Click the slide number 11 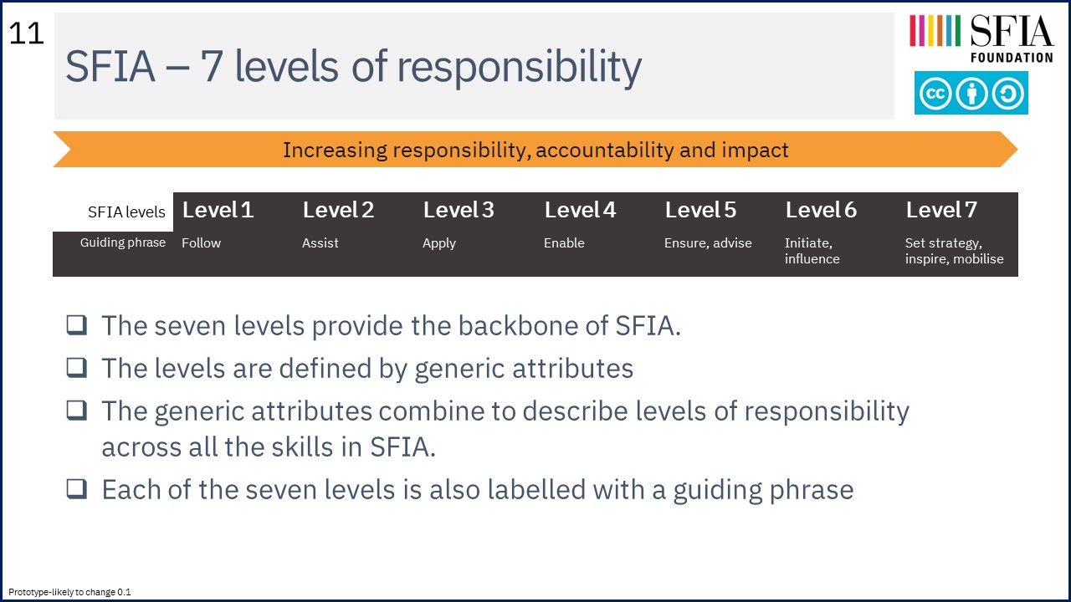tap(26, 34)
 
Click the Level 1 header tap(218, 210)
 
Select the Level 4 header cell tap(580, 210)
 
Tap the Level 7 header tap(941, 210)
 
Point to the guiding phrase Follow tap(201, 242)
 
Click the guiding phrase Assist tap(320, 242)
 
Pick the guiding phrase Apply tap(439, 243)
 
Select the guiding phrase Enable tap(564, 242)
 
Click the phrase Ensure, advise tap(708, 243)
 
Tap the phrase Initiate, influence tap(812, 251)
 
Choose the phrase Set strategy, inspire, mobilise tap(954, 251)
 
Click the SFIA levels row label tap(126, 212)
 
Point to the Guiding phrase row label tap(123, 242)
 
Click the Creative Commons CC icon tap(935, 93)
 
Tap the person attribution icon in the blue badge tap(971, 93)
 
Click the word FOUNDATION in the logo tap(1012, 58)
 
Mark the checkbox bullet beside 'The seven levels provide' tap(76, 325)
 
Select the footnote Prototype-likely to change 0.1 tap(69, 592)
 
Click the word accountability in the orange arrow tap(603, 150)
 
